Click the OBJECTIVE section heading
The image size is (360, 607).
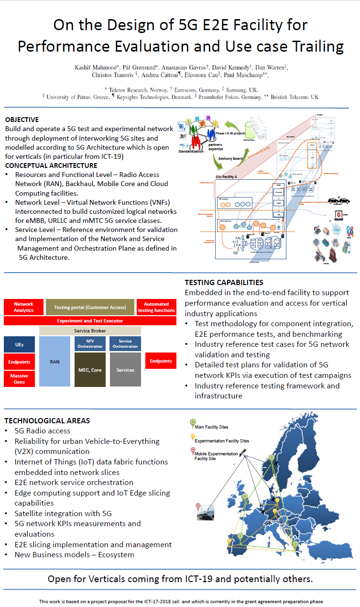click(22, 120)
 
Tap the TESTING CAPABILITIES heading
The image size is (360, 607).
click(224, 283)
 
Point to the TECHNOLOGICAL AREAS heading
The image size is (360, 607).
click(47, 421)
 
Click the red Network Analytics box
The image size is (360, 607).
click(23, 307)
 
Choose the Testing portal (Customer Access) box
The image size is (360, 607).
click(90, 307)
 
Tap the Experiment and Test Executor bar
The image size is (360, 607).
click(90, 320)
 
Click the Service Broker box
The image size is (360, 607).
click(90, 331)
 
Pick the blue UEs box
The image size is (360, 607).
click(20, 344)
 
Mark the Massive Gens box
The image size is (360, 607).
click(20, 379)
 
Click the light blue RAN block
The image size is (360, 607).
click(55, 362)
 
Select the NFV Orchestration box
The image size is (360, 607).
click(90, 343)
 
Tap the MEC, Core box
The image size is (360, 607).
click(90, 370)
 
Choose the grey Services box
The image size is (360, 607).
click(125, 370)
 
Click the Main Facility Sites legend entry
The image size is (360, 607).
click(211, 426)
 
